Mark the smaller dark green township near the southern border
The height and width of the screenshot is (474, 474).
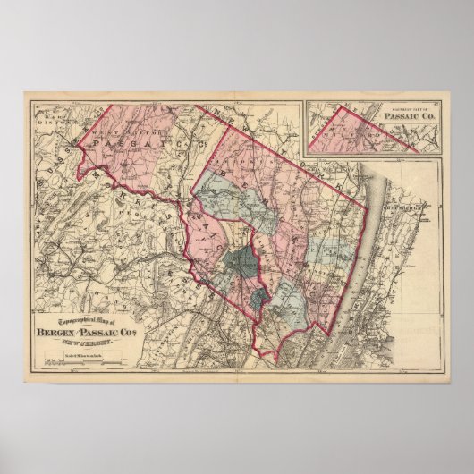[258, 300]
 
